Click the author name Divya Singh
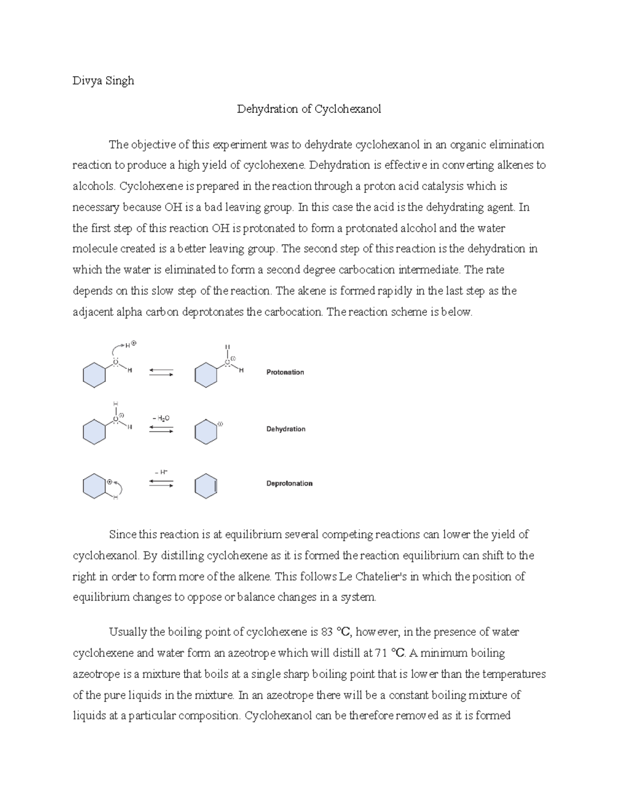click(103, 80)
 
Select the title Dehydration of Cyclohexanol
click(309, 109)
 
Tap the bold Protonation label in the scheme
click(285, 372)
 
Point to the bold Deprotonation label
click(289, 483)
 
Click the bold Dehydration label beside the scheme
click(285, 429)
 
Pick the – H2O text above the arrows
click(161, 418)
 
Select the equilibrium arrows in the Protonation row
click(161, 372)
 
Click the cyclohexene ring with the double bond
click(206, 485)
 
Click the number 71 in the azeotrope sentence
click(381, 653)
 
